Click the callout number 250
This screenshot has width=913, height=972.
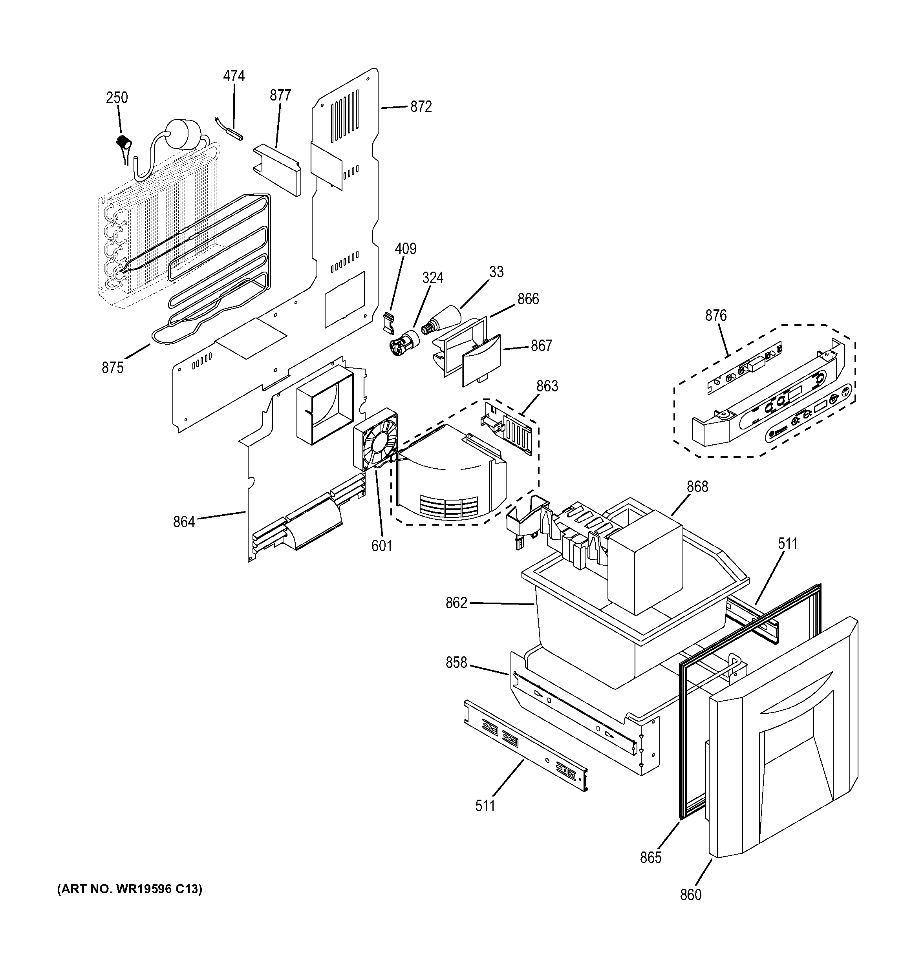coord(117,98)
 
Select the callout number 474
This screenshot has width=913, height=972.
coord(234,76)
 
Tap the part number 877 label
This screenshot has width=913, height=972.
coord(280,95)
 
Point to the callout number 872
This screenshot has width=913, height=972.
coord(421,107)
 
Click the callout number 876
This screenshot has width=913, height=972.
coord(715,315)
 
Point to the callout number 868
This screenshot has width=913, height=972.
coord(697,486)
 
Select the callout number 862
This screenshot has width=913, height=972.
coord(456,603)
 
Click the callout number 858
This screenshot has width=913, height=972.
coord(456,663)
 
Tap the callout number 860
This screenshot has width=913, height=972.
coord(690,894)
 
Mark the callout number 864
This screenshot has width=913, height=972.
coord(184,522)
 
